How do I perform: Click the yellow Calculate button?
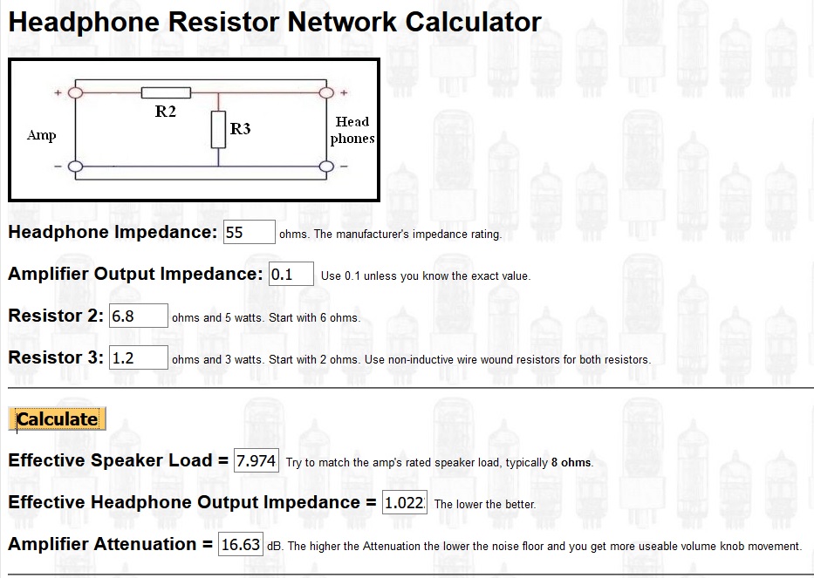tap(57, 418)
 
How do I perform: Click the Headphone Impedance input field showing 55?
tap(250, 232)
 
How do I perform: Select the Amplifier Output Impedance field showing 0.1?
tap(291, 274)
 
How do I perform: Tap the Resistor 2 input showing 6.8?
tap(138, 316)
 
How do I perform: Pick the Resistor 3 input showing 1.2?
tap(138, 357)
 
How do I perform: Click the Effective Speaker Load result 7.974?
tap(257, 460)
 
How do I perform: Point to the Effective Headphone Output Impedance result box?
tap(405, 502)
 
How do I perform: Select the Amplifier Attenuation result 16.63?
tap(240, 544)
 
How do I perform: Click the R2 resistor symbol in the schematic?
tap(166, 93)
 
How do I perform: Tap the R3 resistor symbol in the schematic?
tap(219, 129)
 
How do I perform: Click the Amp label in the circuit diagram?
tap(42, 135)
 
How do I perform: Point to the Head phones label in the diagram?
tap(352, 130)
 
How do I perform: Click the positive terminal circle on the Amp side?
tap(76, 93)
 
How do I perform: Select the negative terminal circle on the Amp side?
tap(76, 167)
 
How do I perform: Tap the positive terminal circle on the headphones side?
tap(326, 93)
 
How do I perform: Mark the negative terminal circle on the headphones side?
tap(326, 167)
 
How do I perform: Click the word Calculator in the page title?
tap(474, 23)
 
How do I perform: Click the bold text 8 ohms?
tap(571, 462)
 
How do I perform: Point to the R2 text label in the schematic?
tap(166, 112)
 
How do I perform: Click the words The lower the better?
tap(485, 504)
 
